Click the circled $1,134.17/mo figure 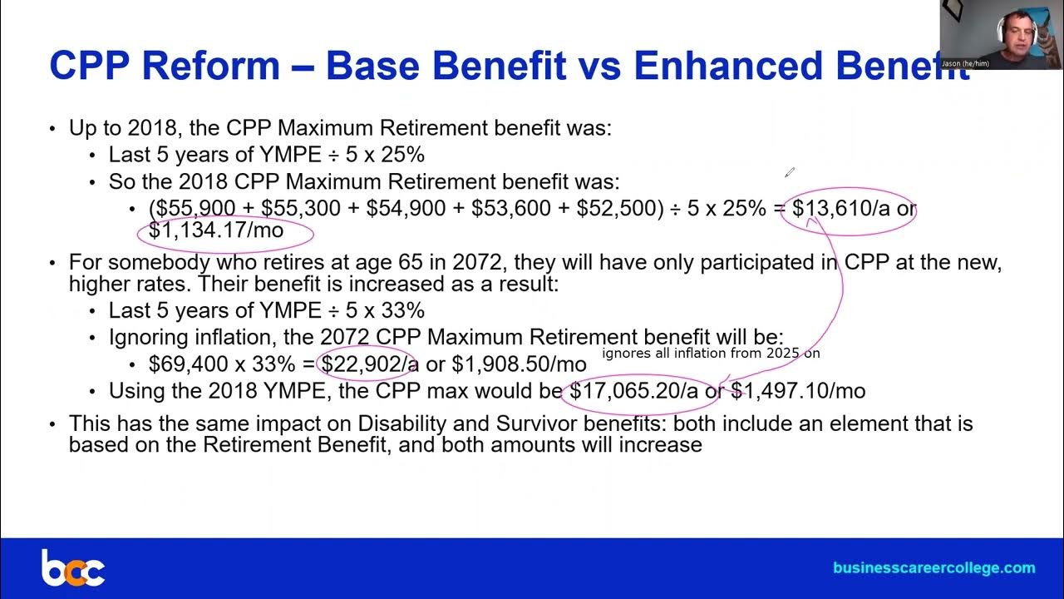point(216,230)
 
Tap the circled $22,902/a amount point(369,364)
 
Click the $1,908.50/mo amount point(519,364)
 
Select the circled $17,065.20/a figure point(633,391)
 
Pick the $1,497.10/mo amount point(797,391)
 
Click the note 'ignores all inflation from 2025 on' point(711,353)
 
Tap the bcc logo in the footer point(72,568)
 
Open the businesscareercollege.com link point(933,568)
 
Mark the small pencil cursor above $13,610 point(789,172)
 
